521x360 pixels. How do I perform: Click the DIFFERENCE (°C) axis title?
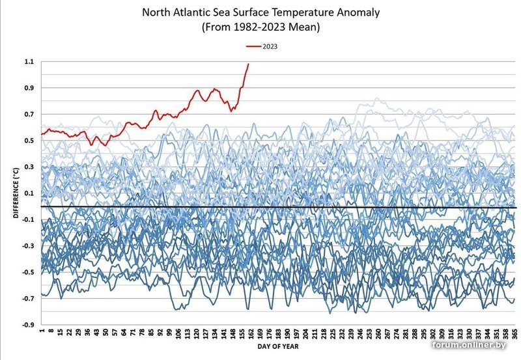[x=15, y=193]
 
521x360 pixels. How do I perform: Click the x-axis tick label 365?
[x=514, y=335]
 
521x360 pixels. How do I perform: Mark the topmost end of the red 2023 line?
[x=248, y=64]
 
